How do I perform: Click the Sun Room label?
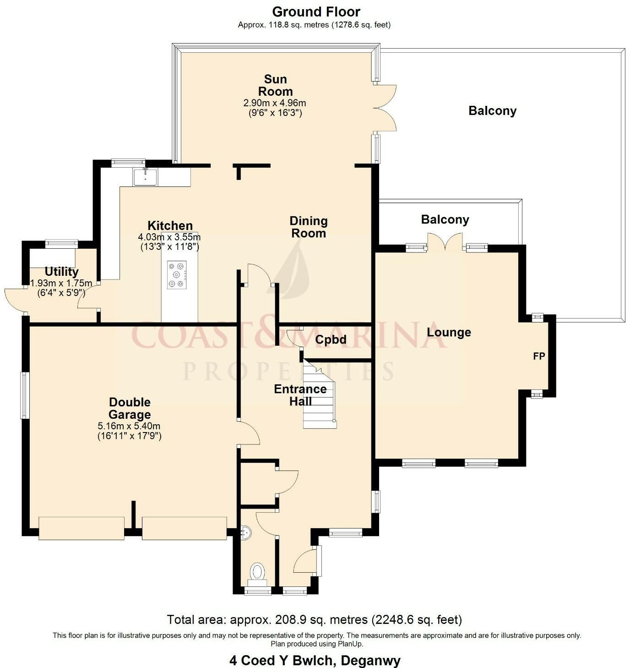pos(275,85)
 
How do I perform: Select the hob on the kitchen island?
pos(177,275)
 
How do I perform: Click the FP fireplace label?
pos(539,356)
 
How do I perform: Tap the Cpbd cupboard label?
pos(331,339)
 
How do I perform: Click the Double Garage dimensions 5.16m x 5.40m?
pos(129,426)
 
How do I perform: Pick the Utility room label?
pos(61,271)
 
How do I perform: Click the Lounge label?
pos(449,332)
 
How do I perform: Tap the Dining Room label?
pos(309,227)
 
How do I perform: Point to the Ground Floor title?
pos(316,12)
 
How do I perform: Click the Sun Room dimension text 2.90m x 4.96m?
pos(275,103)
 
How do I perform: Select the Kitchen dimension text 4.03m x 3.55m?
pos(169,237)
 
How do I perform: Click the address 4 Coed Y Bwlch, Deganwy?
pos(315,660)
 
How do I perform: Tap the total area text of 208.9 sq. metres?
pos(315,619)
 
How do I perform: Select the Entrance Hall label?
pos(300,395)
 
